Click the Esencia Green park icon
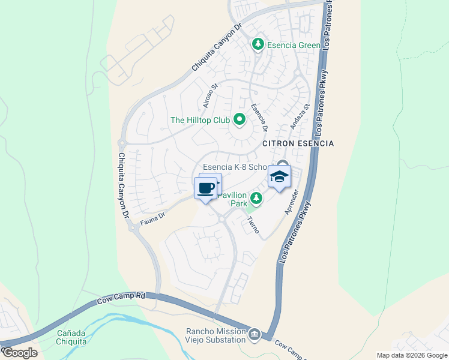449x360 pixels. coord(258,44)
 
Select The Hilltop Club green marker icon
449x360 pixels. coord(240,120)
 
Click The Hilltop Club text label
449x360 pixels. coord(200,120)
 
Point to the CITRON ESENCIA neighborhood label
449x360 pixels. coord(298,144)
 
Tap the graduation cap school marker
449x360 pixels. coord(279,177)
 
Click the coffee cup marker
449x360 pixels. coord(206,188)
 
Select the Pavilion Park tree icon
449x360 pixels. coord(256,197)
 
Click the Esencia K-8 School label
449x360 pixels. coord(238,167)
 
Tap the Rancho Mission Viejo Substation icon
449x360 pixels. coord(254,334)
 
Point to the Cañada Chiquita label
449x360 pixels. coord(71,337)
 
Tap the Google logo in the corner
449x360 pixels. coord(20,352)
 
